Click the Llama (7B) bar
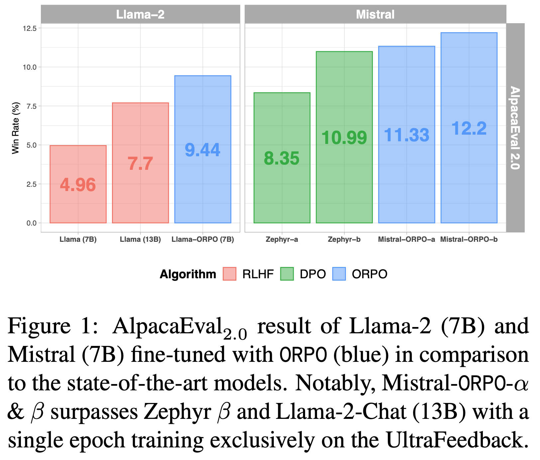coord(78,199)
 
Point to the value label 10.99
coord(344,138)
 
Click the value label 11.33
coord(406,135)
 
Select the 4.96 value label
coord(78,185)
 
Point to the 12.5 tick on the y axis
coord(29,28)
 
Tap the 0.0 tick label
coord(31,223)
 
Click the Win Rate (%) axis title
coord(16,128)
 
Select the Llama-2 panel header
coord(140,14)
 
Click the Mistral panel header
coord(375,14)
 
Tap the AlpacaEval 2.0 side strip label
coord(515,128)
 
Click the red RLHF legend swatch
coord(230,274)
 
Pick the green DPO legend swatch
coord(287,274)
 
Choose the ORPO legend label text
coord(370,274)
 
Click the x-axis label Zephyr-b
coord(344,239)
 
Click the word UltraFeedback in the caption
coord(457,440)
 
